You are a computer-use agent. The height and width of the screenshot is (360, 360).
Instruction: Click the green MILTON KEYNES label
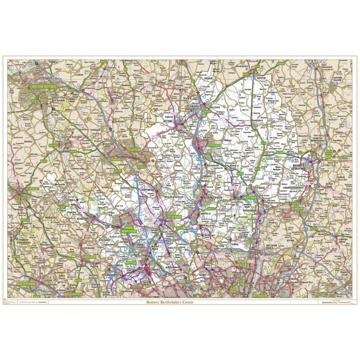click(x=45, y=88)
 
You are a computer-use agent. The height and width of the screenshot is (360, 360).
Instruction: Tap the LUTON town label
click(x=135, y=149)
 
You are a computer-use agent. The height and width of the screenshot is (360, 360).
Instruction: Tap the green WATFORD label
click(x=132, y=262)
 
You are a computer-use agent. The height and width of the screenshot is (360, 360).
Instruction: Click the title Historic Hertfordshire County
click(x=179, y=302)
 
